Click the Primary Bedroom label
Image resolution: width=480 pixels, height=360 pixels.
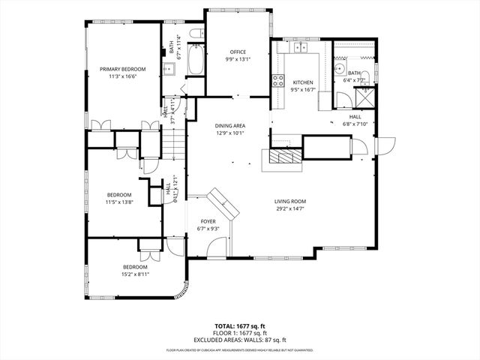(123, 69)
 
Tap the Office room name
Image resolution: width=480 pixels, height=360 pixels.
(238, 52)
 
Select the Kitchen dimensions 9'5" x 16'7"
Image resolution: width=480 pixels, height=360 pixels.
(303, 89)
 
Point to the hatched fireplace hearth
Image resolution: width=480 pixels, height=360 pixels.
(283, 156)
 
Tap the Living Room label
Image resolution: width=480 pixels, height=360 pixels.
(289, 201)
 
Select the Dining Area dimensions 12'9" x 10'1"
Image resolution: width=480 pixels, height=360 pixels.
(231, 133)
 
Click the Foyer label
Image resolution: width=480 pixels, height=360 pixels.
(207, 221)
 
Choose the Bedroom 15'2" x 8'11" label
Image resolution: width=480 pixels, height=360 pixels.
(136, 267)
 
